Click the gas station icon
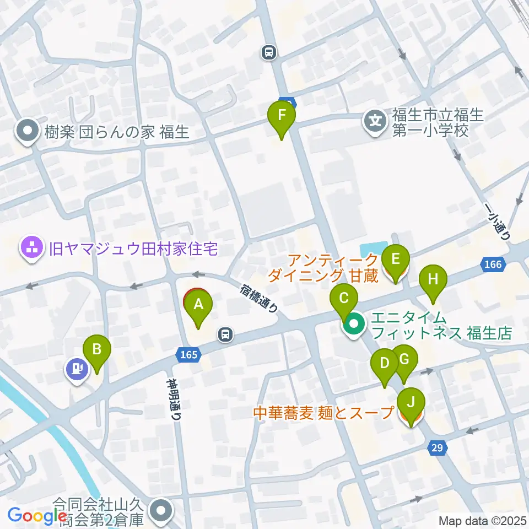click(78, 369)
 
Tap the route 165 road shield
click(188, 355)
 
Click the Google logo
click(37, 516)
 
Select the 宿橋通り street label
click(260, 298)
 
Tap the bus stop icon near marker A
click(225, 333)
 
